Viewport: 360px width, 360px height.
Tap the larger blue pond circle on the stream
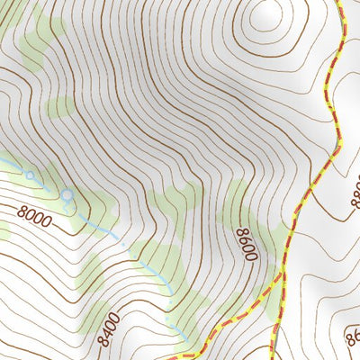(x=67, y=193)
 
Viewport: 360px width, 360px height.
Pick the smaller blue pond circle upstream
(x=29, y=175)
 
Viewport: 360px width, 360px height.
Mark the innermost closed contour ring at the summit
(x=266, y=14)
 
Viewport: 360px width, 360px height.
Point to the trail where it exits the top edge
(x=343, y=3)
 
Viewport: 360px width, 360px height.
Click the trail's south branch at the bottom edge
(x=274, y=356)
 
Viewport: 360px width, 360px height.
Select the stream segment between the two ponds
(x=48, y=184)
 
